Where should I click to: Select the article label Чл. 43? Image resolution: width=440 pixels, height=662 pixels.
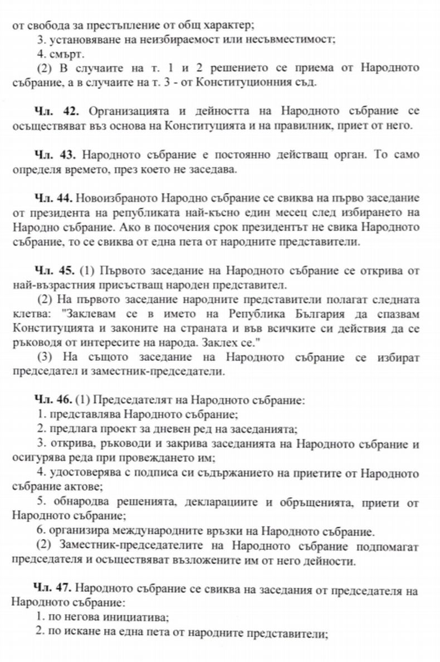[x=52, y=153]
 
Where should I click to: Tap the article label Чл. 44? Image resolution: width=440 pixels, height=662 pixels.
[x=52, y=198]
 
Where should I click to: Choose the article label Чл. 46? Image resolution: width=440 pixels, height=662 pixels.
[x=52, y=400]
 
